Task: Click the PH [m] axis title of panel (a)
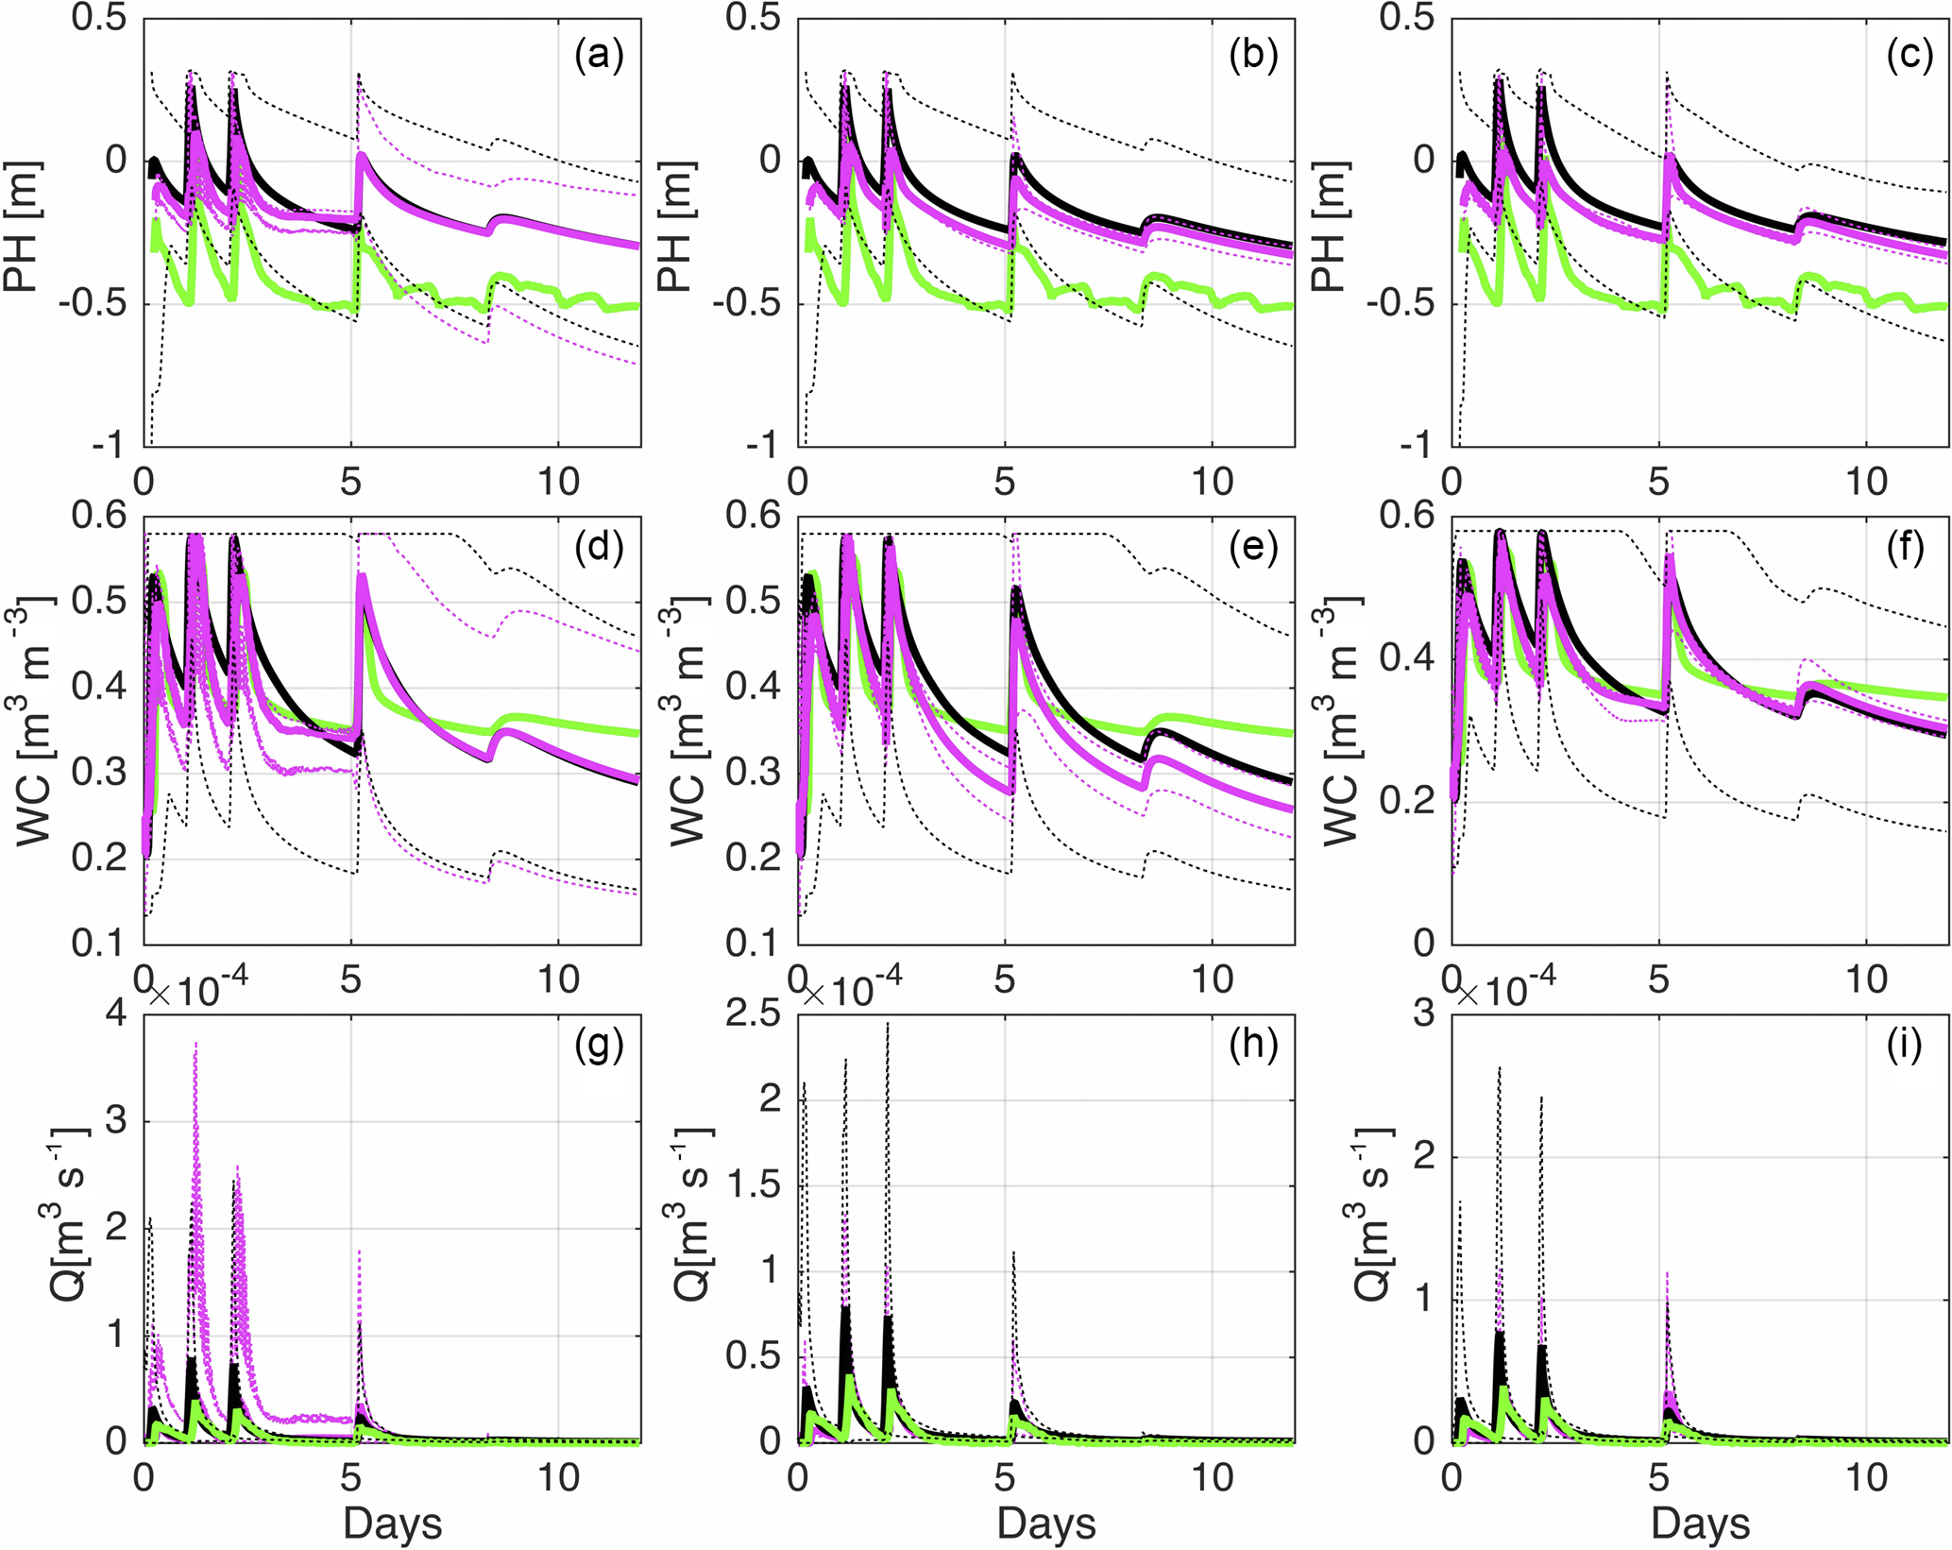[x=21, y=227]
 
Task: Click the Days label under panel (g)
[x=392, y=1523]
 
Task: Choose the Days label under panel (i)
[x=1700, y=1523]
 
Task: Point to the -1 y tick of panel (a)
[x=108, y=445]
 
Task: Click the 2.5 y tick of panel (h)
[x=755, y=1014]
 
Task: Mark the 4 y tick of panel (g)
[x=116, y=1014]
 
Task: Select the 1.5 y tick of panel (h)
[x=755, y=1185]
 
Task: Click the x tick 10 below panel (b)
[x=1212, y=482]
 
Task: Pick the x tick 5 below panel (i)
[x=1659, y=1477]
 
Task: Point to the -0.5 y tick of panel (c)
[x=1402, y=303]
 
